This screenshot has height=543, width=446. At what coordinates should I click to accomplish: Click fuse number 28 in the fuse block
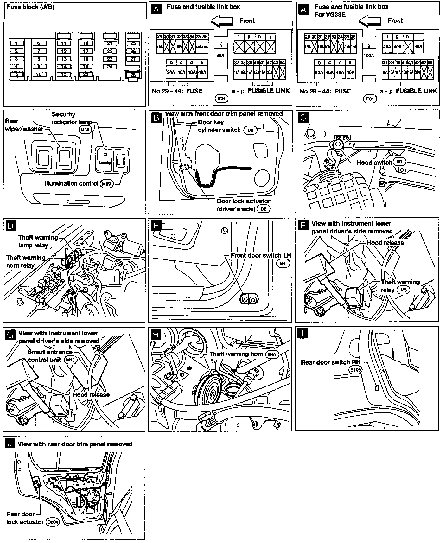pyautogui.click(x=133, y=75)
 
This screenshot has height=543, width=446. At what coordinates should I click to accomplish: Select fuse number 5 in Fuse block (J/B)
pyautogui.click(x=16, y=74)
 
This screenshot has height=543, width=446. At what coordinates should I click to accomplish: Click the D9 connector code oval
pyautogui.click(x=250, y=130)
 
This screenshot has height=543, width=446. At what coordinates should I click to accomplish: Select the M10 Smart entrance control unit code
pyautogui.click(x=70, y=360)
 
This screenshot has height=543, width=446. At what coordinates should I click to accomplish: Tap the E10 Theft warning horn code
pyautogui.click(x=272, y=355)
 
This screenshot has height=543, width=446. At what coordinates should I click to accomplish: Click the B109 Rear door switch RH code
pyautogui.click(x=355, y=369)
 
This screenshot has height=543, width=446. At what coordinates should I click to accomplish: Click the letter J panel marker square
pyautogui.click(x=10, y=444)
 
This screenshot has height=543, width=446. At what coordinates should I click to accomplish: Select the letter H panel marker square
pyautogui.click(x=156, y=335)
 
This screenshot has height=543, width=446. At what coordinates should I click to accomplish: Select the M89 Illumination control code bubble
pyautogui.click(x=106, y=184)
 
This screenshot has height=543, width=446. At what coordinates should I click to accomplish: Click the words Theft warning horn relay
pyautogui.click(x=26, y=261)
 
